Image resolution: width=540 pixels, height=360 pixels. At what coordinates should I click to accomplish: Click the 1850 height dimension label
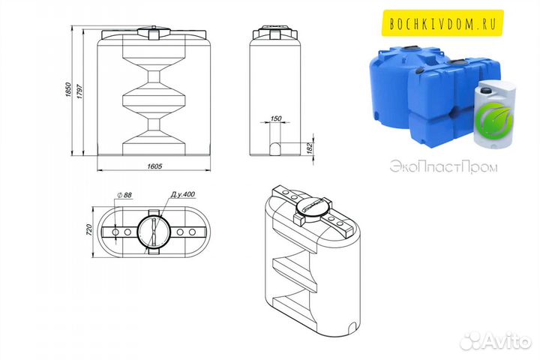click(68, 89)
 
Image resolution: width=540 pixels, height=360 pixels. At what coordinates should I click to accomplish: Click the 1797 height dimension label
click(79, 91)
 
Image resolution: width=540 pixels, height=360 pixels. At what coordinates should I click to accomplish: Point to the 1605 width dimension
click(154, 166)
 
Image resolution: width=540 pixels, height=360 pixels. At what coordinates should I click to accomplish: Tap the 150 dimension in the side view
click(276, 118)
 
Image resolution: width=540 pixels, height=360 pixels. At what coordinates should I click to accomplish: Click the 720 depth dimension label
click(88, 230)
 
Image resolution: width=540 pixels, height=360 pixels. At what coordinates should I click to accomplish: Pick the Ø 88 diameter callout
click(124, 195)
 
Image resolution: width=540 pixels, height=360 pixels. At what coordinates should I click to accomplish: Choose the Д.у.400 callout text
click(183, 194)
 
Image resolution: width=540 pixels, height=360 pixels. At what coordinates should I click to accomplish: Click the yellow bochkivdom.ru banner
click(442, 23)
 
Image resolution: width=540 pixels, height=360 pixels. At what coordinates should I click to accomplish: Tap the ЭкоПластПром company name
click(443, 167)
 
